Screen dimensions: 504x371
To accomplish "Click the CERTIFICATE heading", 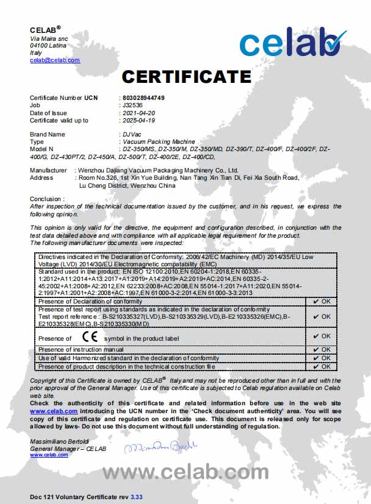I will coord(187,77).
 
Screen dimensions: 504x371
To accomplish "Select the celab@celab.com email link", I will coord(55,60).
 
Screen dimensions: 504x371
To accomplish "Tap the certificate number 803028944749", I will coord(143,98).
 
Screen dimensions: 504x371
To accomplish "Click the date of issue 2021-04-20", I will coord(139,113).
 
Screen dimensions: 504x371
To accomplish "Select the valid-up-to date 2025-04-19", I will coord(139,120).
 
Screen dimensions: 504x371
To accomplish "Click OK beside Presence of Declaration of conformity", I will coord(322,301).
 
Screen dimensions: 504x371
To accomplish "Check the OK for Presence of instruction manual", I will coord(322,349).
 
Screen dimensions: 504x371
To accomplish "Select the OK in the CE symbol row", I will coord(322,336).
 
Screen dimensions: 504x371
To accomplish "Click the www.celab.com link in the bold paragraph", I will coord(45,411).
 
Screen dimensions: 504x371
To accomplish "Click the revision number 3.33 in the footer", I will coord(136,497).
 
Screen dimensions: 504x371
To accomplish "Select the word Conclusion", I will coord(46,199).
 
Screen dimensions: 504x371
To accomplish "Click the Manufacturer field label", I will coord(48,170).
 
